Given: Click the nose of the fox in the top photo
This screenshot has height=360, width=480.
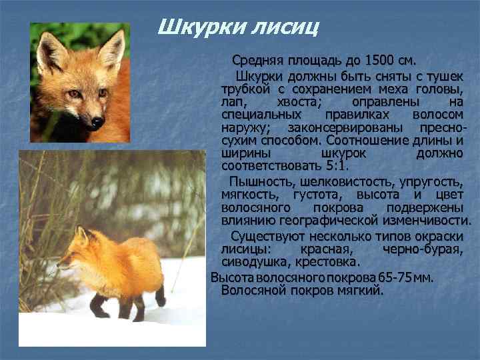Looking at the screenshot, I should pos(97,122).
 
